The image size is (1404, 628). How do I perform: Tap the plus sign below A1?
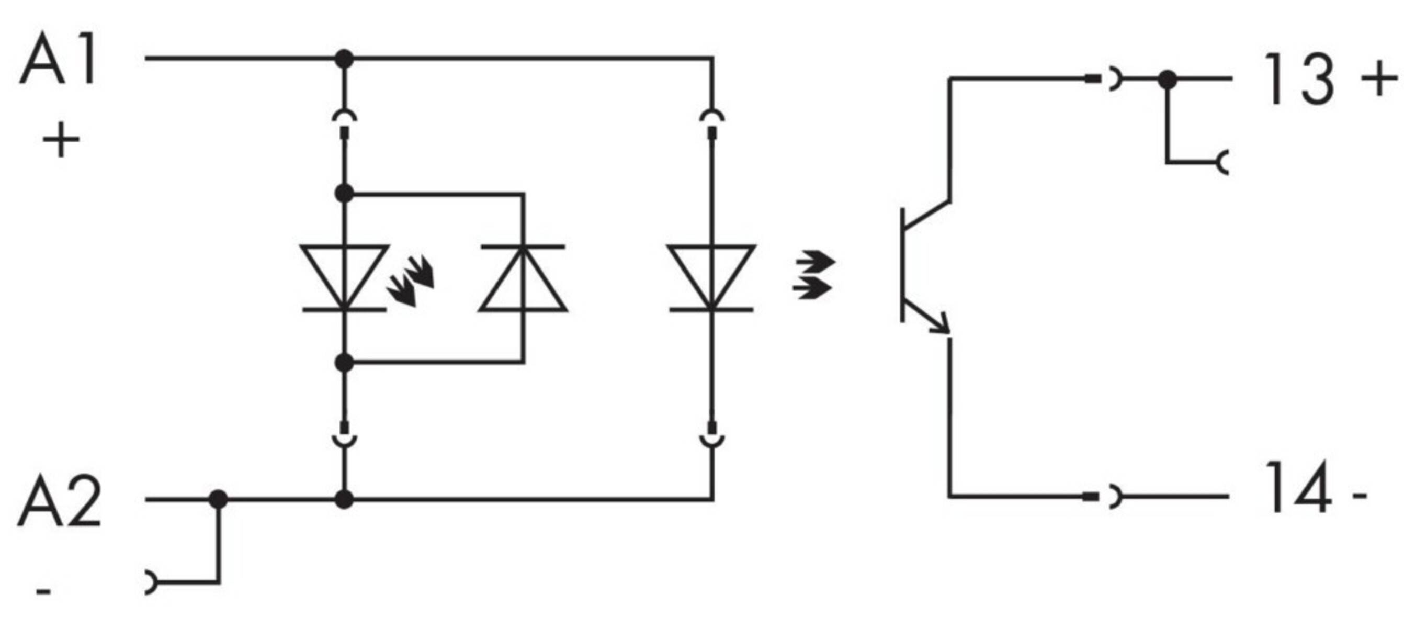[61, 140]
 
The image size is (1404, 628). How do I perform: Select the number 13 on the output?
[1299, 80]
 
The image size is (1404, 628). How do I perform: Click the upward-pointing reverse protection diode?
[523, 278]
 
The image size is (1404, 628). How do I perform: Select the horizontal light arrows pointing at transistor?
[814, 275]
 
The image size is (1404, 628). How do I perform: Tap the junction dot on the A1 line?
[344, 58]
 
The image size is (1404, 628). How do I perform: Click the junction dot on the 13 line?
[1167, 80]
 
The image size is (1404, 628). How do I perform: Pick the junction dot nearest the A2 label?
[218, 499]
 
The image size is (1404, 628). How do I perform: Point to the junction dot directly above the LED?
[344, 193]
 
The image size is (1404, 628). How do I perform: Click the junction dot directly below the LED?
[344, 363]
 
